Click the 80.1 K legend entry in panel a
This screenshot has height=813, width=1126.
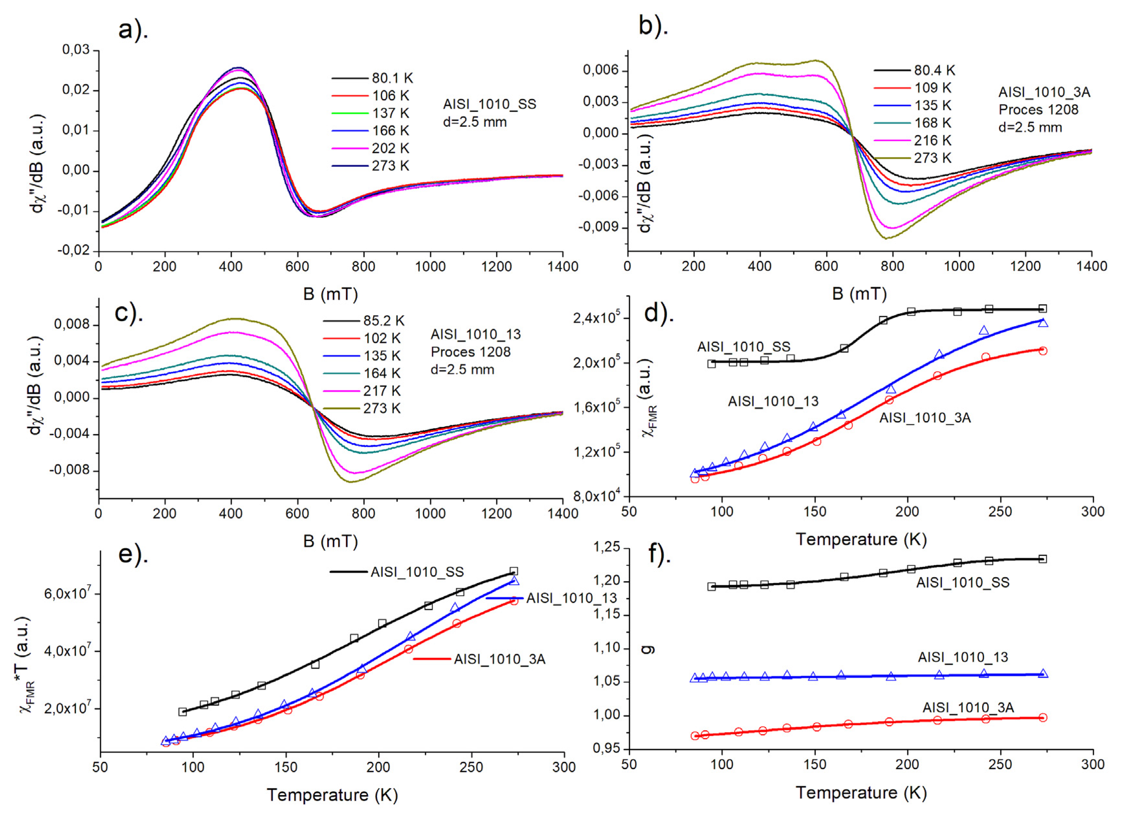coord(392,78)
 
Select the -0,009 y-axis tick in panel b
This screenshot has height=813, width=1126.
coord(598,227)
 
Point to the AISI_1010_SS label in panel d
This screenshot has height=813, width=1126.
coord(743,347)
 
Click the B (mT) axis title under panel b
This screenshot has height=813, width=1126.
coord(859,294)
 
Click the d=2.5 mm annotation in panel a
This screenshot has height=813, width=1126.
coord(475,122)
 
